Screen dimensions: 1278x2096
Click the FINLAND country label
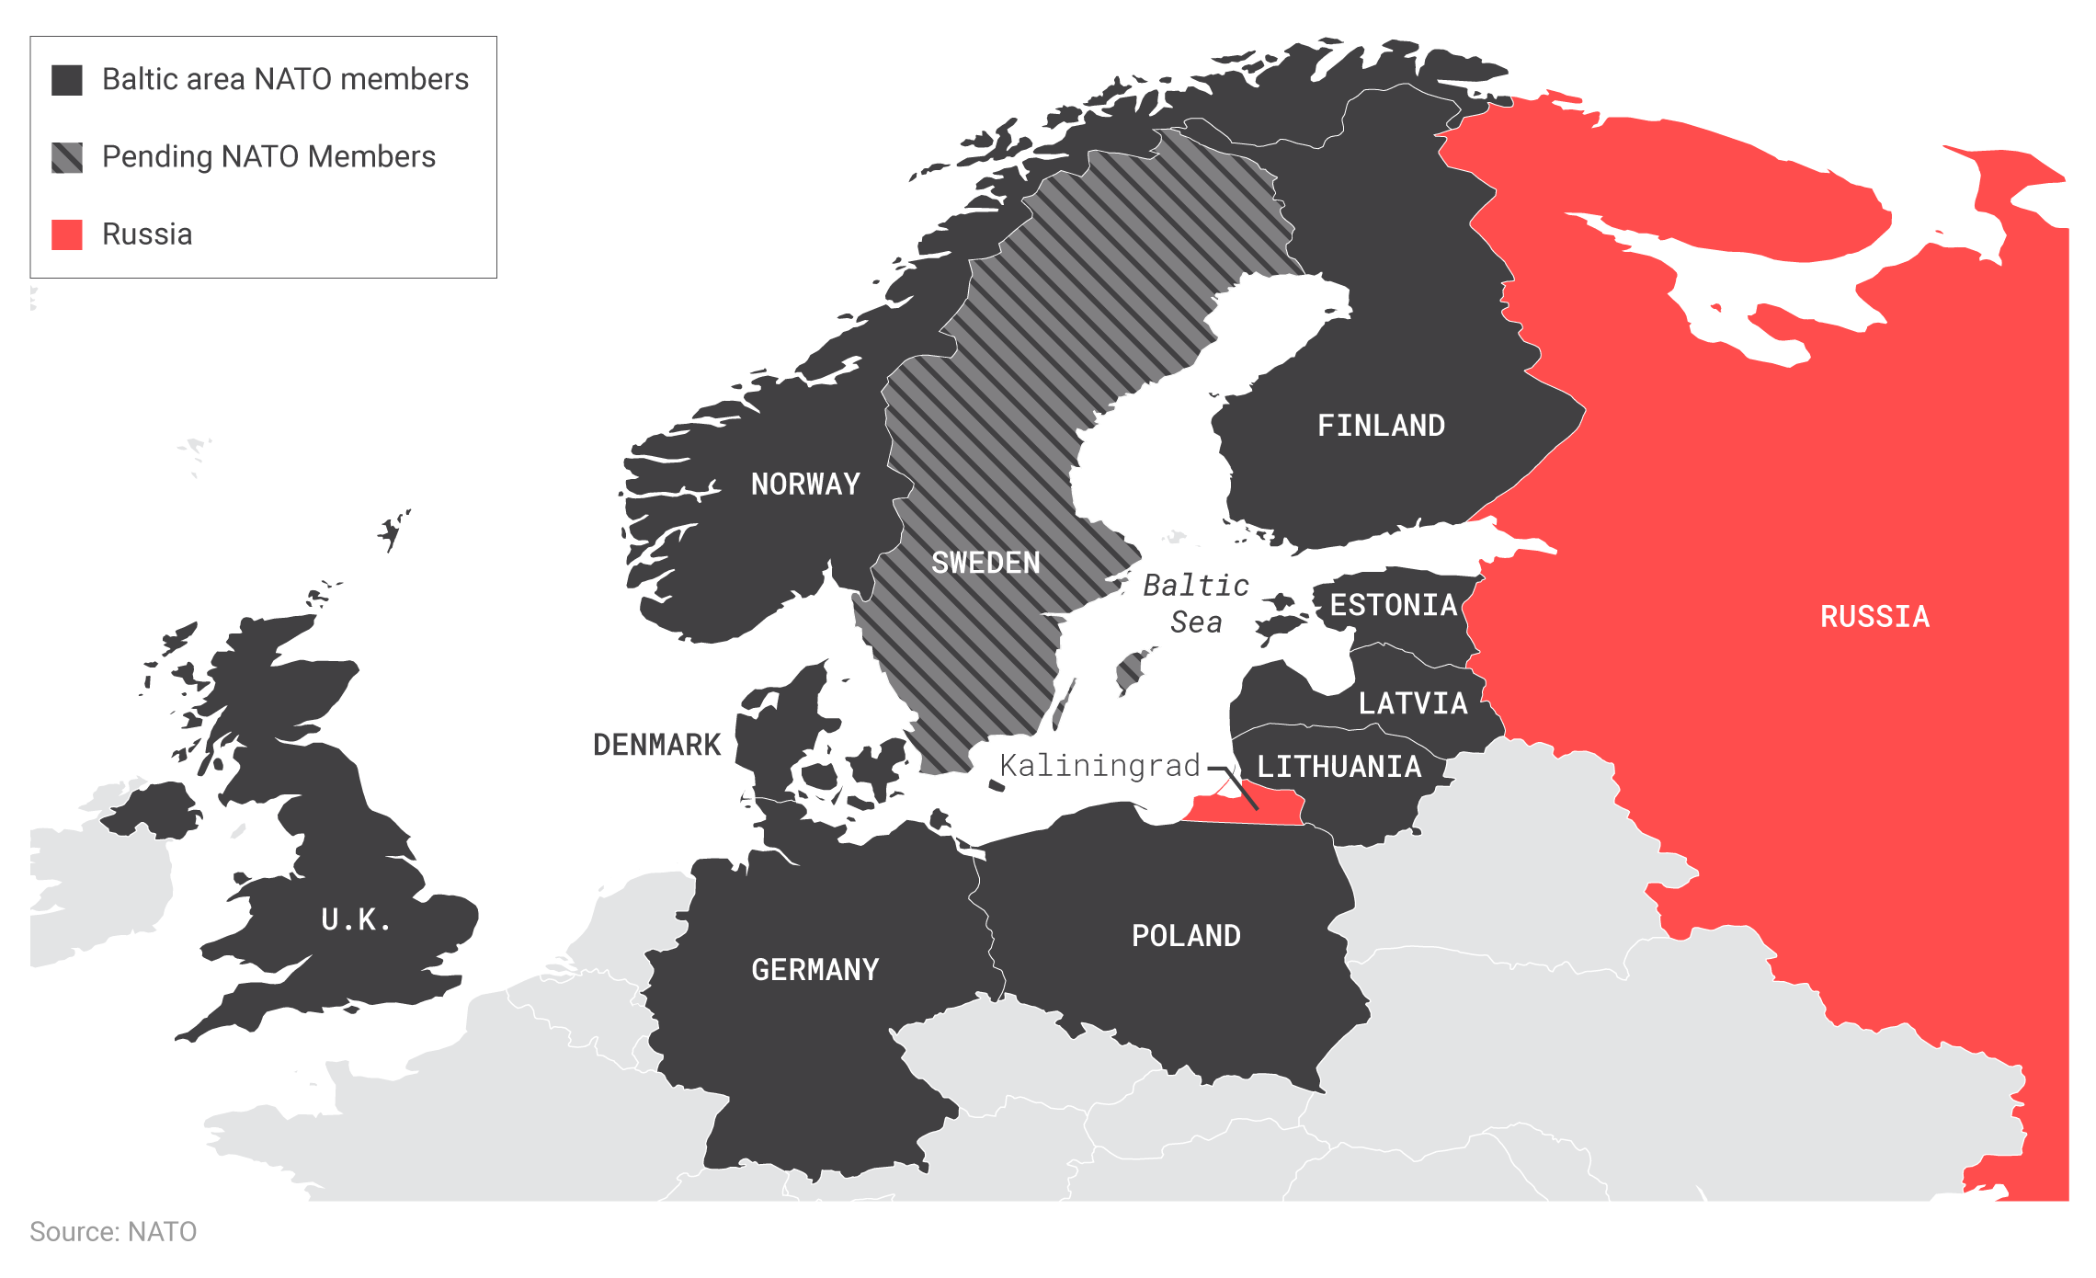1381,426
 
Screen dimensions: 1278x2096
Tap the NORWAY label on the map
805,485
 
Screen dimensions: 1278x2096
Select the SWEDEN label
985,563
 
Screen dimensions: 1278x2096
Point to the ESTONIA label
1393,605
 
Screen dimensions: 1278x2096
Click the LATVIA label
1413,703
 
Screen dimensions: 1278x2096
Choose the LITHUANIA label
1338,767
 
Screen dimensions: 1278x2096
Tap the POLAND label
1186,936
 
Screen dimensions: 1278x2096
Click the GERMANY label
814,970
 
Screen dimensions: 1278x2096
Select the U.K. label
356,919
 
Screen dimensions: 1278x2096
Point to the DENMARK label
656,745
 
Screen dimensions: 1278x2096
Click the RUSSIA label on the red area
1874,617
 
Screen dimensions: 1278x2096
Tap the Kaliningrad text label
1099,765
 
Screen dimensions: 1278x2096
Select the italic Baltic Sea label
1196,603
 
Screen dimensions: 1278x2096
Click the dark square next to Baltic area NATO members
67,80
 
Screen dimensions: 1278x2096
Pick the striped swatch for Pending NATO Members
67,157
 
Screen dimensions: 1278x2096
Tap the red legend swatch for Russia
67,234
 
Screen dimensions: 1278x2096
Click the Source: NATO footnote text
113,1232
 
